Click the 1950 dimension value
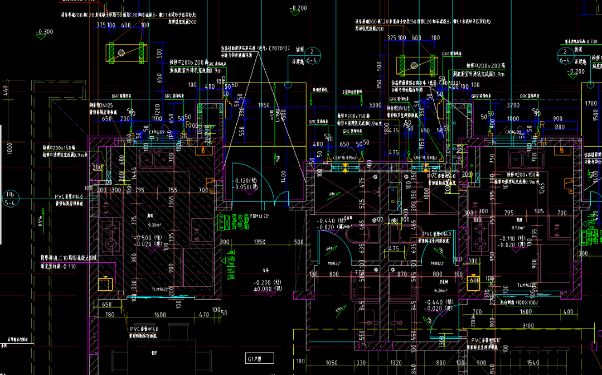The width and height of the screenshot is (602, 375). pyautogui.click(x=264, y=105)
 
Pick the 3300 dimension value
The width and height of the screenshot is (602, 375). pyautogui.click(x=375, y=105)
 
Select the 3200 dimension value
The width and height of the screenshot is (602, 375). pyautogui.click(x=513, y=105)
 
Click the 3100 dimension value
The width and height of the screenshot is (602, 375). pyautogui.click(x=527, y=326)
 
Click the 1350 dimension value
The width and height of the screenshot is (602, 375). pyautogui.click(x=259, y=242)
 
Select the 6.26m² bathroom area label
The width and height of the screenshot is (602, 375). pyautogui.click(x=440, y=290)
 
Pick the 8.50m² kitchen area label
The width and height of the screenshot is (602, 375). pyautogui.click(x=518, y=228)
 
